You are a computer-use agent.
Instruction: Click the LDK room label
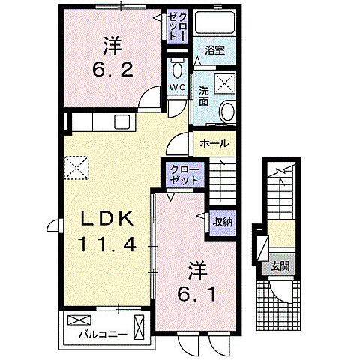tap(108, 219)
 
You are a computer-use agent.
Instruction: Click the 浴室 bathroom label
tap(215, 50)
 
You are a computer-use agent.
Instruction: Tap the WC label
tap(177, 88)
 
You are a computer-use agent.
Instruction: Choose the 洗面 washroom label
tap(204, 97)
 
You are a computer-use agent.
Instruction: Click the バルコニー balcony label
tap(100, 334)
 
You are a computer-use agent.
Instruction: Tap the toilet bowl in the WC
tap(177, 69)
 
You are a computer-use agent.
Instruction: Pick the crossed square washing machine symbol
tap(225, 82)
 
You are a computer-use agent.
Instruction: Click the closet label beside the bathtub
tap(177, 26)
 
